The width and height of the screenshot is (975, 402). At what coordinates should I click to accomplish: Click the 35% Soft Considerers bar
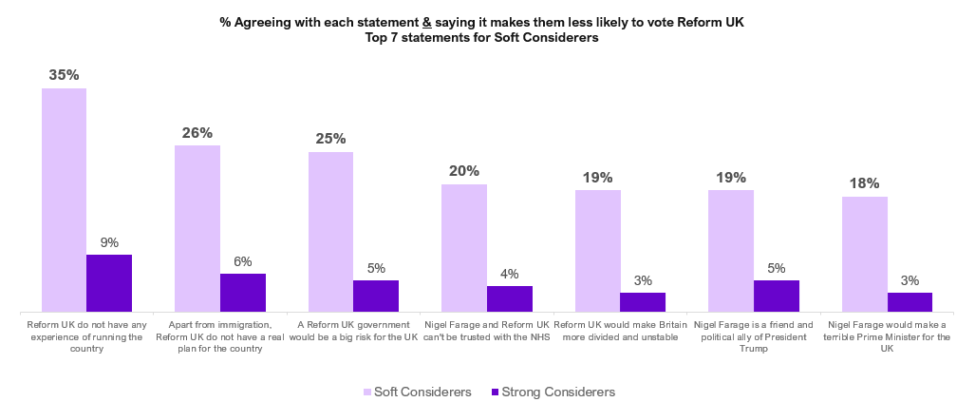pos(64,200)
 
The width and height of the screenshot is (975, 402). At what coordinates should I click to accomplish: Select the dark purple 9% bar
pos(109,283)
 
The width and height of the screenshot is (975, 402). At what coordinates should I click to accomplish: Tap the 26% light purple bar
pos(197,228)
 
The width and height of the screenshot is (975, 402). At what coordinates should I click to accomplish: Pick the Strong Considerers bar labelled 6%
pos(243,293)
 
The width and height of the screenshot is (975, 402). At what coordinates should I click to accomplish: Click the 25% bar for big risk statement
pos(330,232)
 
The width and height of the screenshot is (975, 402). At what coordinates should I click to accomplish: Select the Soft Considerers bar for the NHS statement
pos(464,248)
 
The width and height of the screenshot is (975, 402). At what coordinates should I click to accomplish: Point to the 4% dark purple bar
pos(510,298)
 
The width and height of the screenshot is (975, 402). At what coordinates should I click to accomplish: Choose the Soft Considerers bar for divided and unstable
pos(598,251)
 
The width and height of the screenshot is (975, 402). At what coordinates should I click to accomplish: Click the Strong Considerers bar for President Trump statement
pos(777,296)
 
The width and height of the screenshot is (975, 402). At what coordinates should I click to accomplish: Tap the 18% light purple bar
pos(865,254)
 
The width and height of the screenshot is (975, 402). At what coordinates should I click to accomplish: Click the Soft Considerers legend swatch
pos(367,392)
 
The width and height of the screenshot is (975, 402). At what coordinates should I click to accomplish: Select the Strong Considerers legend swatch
pos(494,392)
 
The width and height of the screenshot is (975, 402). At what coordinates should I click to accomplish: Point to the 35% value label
pos(64,74)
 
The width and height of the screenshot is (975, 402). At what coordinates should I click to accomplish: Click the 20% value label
pos(464,171)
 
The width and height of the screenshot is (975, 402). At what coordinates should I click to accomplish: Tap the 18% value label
pos(865,183)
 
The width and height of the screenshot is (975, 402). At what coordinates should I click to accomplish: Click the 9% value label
pos(109,242)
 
